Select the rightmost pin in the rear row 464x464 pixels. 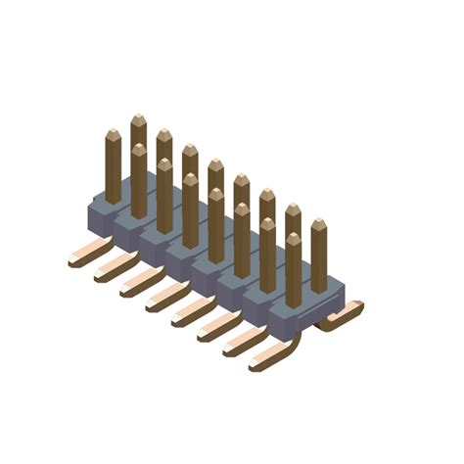pyautogui.click(x=318, y=255)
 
